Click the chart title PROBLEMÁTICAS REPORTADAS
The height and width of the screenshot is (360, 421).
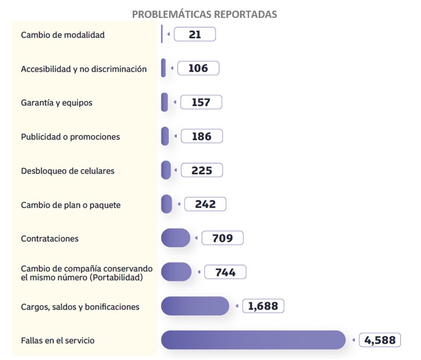pos(204,14)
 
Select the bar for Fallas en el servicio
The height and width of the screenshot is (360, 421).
pos(253,340)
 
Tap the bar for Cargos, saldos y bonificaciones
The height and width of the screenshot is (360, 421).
pos(195,306)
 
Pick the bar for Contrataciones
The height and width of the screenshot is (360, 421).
pos(175,238)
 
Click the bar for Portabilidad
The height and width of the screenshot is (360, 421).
pos(176,272)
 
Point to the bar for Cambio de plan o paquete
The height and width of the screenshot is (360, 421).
pos(166,204)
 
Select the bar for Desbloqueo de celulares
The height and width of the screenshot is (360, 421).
pos(166,170)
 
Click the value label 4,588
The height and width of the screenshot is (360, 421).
pos(380,340)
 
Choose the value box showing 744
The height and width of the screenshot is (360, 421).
pos(224,273)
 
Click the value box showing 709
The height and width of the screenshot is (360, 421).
pos(222,239)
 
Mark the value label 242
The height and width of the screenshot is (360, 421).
pos(205,204)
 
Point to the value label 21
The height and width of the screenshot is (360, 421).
pos(195,35)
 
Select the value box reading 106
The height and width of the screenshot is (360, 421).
pos(198,68)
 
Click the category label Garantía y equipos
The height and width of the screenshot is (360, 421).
pos(57,103)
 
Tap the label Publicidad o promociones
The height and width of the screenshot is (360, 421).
pos(71,137)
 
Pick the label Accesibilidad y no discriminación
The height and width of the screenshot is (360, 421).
pos(84,69)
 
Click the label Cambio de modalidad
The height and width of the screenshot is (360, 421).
pos(63,35)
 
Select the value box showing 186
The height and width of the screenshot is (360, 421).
pos(202,136)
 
